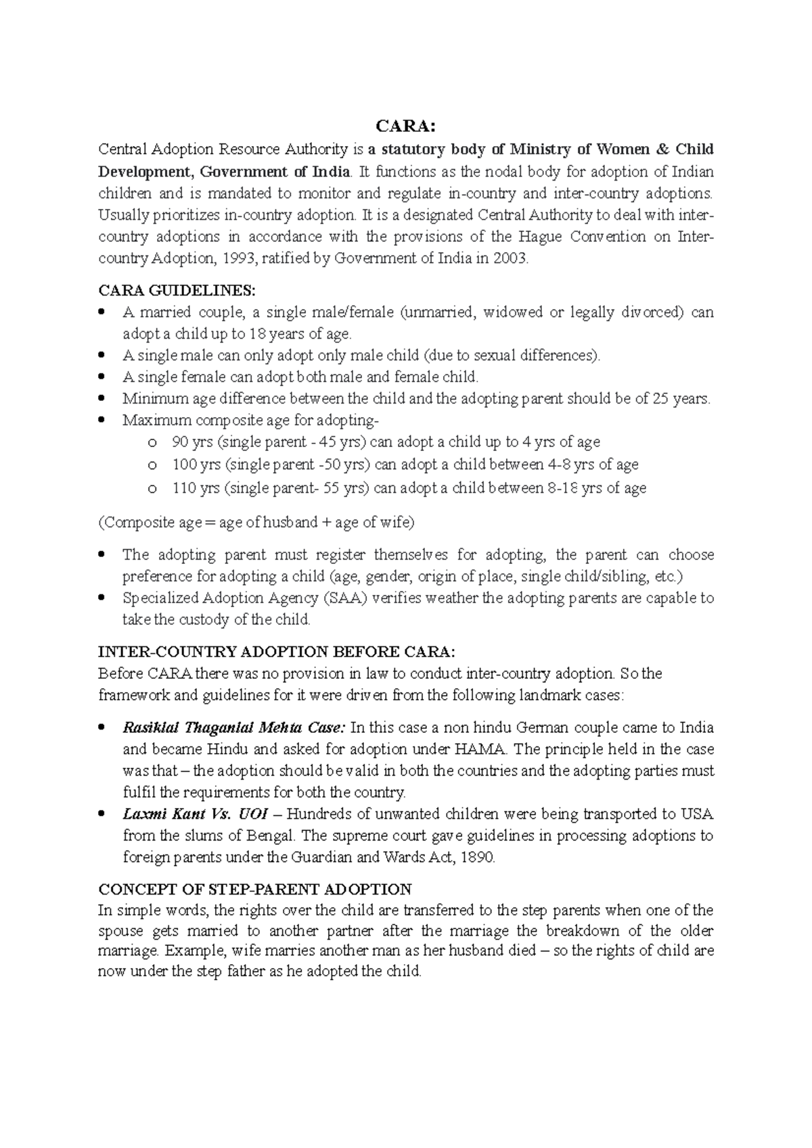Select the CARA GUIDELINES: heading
click(x=177, y=291)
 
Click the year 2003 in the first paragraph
click(x=510, y=258)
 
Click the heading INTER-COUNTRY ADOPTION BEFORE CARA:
click(x=277, y=652)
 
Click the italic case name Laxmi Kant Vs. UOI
click(x=191, y=813)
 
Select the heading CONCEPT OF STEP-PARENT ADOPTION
click(x=254, y=888)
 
